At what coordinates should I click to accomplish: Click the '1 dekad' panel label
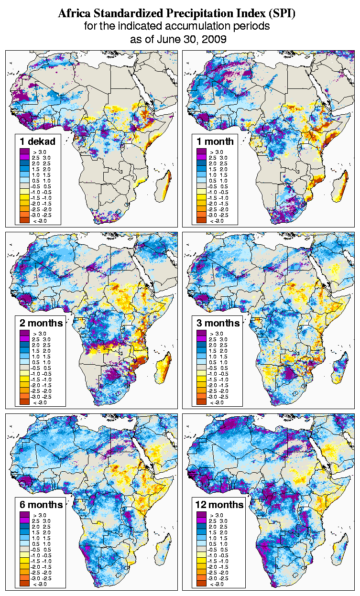[x=38, y=141]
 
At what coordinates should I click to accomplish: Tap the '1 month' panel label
[x=215, y=141]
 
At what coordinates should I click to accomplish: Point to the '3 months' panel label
[x=218, y=323]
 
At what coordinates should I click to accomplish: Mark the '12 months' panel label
[x=219, y=504]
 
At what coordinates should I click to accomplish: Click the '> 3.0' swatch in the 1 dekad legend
[x=25, y=152]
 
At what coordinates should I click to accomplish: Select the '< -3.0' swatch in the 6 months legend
[x=25, y=584]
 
